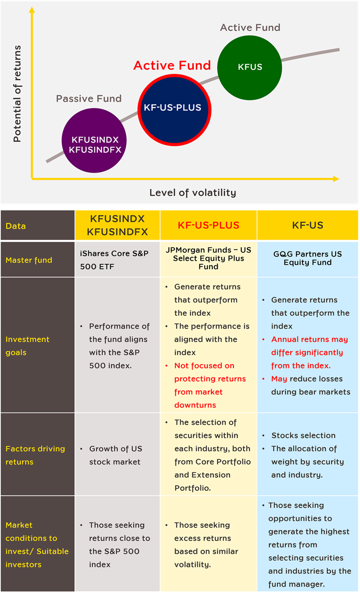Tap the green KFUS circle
tap(249, 67)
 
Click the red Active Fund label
tap(172, 65)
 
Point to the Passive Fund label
tap(89, 99)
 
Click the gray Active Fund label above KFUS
tap(250, 27)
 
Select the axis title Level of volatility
tap(193, 193)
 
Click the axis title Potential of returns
tap(17, 94)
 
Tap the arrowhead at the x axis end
tap(335, 179)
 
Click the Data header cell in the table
tap(16, 226)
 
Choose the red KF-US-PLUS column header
tap(208, 225)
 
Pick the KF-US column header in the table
tap(307, 225)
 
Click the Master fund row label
tap(29, 260)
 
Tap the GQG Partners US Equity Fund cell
tap(307, 258)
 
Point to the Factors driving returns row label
tap(35, 455)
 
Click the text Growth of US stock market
tap(115, 455)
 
